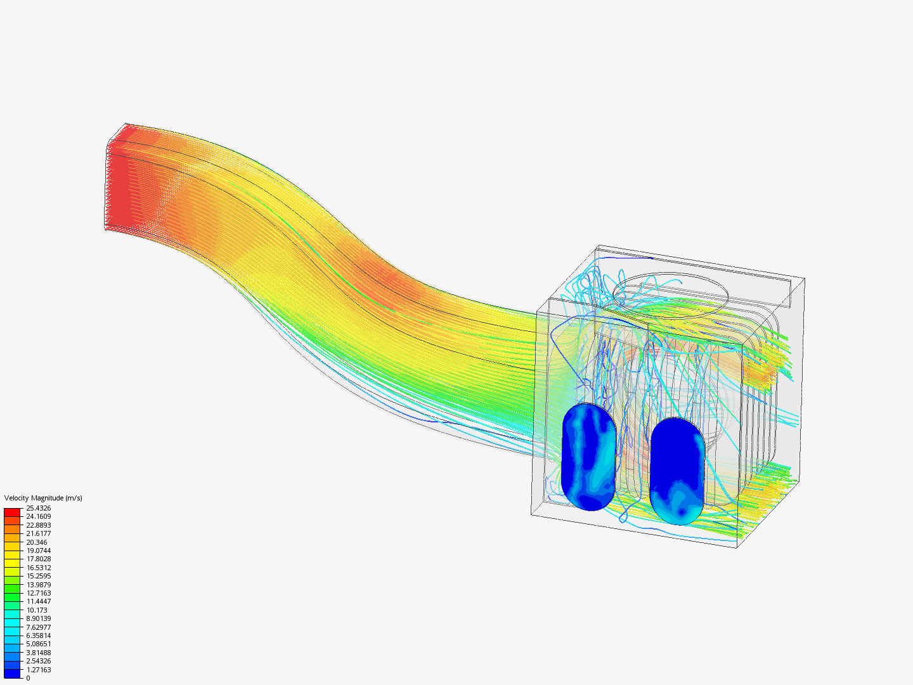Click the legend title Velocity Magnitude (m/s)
[x=43, y=498]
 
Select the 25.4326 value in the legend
[x=38, y=508]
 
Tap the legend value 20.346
[x=36, y=542]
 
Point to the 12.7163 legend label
[x=38, y=593]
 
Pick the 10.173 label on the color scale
[x=36, y=610]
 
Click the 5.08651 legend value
[x=38, y=644]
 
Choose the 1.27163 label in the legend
[x=38, y=670]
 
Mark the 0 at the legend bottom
[x=28, y=678]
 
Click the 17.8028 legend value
[x=38, y=559]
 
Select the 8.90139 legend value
[x=38, y=618]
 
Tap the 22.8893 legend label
[x=38, y=525]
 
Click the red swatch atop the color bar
[x=12, y=512]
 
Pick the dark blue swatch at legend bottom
[x=12, y=674]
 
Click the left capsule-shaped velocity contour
[x=588, y=457]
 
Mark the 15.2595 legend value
[x=38, y=576]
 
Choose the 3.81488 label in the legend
[x=38, y=653]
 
